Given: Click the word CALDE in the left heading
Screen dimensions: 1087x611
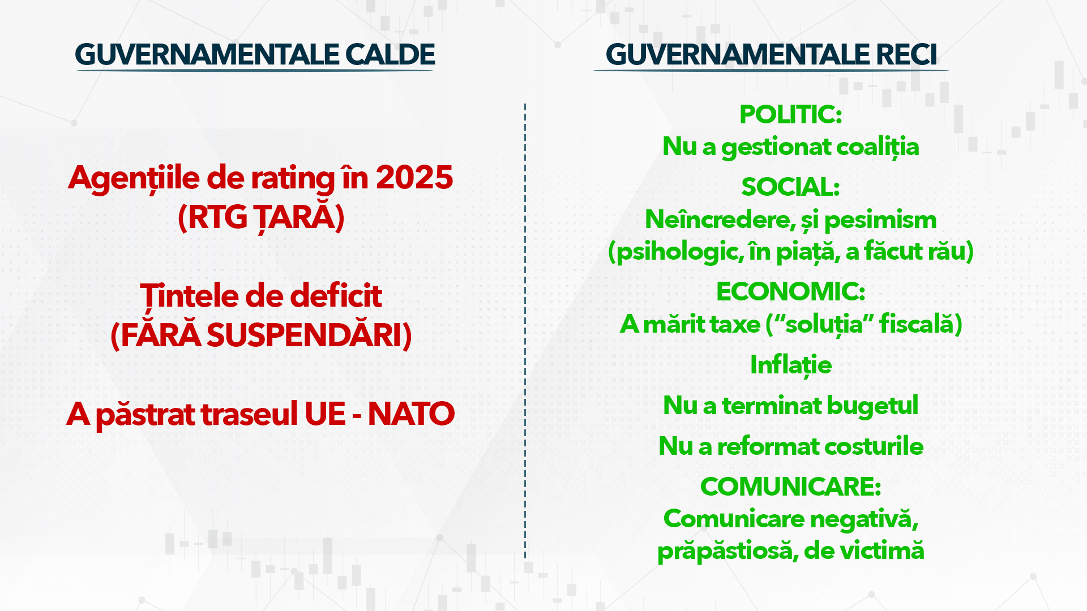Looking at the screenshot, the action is point(390,55).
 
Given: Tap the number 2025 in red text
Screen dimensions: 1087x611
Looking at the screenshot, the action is point(414,178).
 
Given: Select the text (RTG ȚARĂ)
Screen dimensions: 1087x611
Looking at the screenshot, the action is point(261,217).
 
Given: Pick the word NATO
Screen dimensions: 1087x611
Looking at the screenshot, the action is point(411,414).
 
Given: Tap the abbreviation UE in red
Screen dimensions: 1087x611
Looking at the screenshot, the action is point(325,414).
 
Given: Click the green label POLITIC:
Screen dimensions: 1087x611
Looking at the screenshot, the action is point(790,115).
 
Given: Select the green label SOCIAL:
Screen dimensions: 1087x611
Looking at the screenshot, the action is point(790,187).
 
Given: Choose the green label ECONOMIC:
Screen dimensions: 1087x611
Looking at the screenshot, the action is point(790,292).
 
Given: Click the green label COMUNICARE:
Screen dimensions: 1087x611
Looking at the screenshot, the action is point(790,487).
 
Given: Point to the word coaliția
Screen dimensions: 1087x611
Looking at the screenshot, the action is point(877,147).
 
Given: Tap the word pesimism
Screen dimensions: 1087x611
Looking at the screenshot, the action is point(880,220).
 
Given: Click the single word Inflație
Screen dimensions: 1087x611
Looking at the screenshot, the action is point(790,365).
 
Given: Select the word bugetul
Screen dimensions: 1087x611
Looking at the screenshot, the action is point(872,406).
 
